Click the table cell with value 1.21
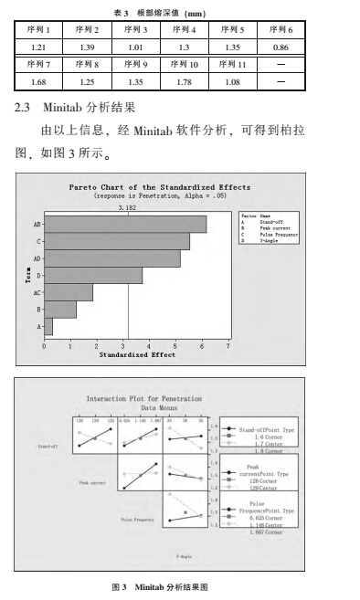[38, 46]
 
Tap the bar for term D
[92, 275]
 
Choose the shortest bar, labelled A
[48, 326]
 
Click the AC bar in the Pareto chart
[69, 292]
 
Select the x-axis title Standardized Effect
[137, 354]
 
